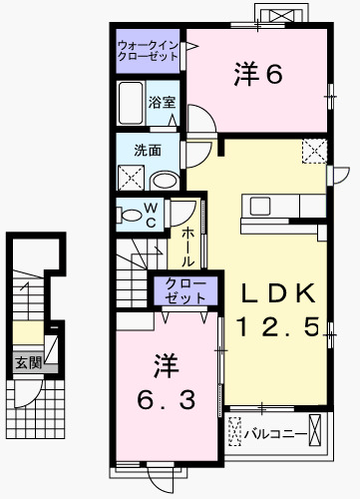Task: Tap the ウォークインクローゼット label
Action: point(148,51)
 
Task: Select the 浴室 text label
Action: point(162,102)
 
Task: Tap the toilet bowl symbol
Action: point(129,215)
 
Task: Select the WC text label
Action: point(151,215)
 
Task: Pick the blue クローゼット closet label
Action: point(180,290)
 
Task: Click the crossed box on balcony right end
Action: point(316,433)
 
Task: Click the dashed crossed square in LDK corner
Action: point(314,153)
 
